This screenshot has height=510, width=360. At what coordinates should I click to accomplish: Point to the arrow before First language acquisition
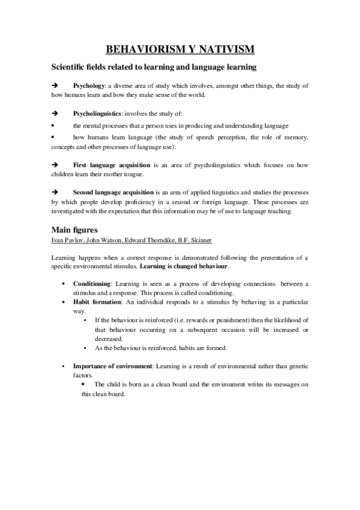click(54, 164)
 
